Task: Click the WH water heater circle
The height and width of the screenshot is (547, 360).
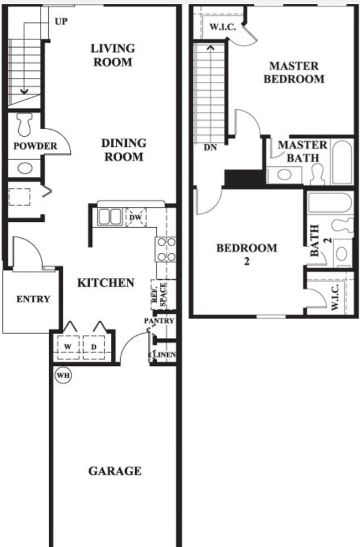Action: tap(64, 375)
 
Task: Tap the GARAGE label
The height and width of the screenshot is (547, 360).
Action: tap(115, 471)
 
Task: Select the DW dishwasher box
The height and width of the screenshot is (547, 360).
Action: tap(135, 217)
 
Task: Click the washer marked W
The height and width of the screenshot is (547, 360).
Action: tap(68, 346)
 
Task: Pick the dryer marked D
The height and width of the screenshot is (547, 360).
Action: tap(93, 346)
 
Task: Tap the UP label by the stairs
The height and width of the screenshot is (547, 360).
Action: tap(61, 21)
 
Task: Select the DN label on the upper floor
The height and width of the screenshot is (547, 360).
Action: tap(210, 148)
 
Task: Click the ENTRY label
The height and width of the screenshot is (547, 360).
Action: tap(33, 299)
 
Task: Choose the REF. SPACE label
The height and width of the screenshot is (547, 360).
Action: tap(159, 295)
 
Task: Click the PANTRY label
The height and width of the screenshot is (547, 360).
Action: tap(159, 321)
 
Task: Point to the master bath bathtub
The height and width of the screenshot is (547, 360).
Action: tap(341, 162)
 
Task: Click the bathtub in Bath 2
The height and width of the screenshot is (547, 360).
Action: tap(330, 202)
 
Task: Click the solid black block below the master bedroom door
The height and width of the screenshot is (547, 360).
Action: tap(244, 179)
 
